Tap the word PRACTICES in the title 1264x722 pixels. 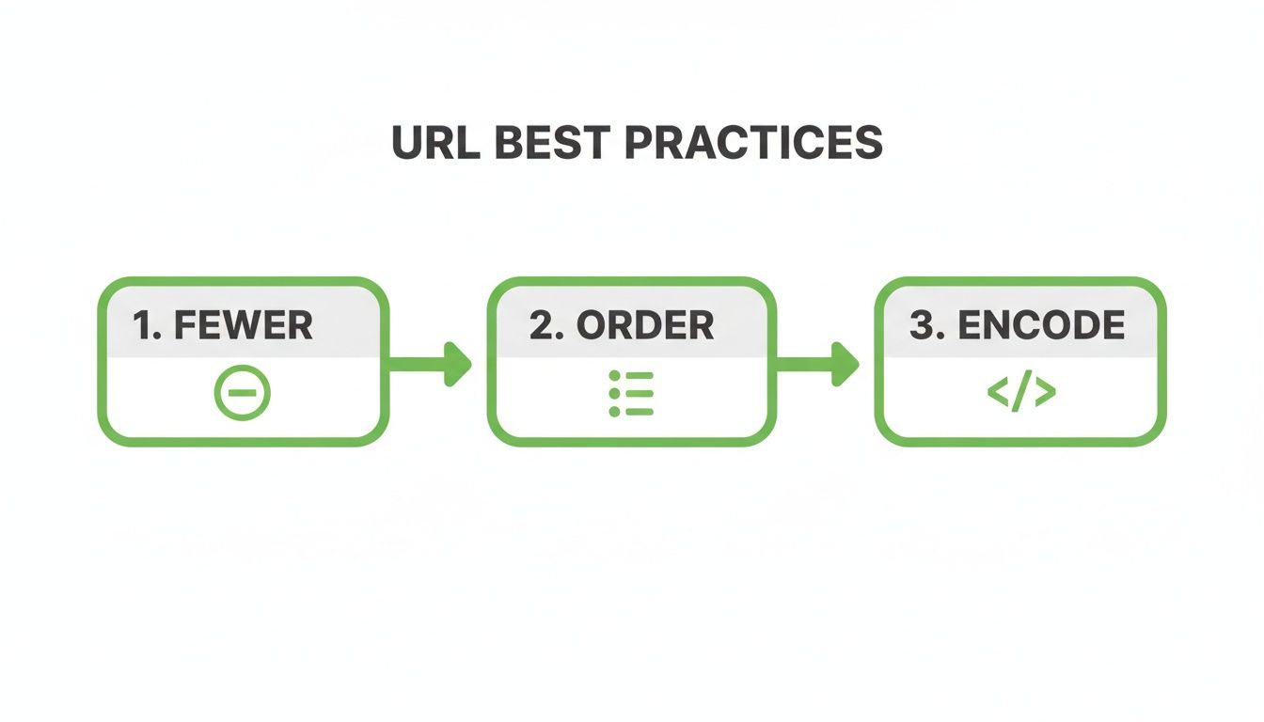[x=753, y=143]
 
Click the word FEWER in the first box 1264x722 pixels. [x=244, y=325]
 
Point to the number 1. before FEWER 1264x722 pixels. [x=148, y=325]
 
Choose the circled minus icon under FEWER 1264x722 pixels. [x=243, y=393]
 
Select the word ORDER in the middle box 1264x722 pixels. [x=645, y=325]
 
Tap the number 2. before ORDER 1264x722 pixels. [x=547, y=325]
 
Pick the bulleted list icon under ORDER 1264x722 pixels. [x=631, y=394]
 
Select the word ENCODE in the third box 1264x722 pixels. [x=1041, y=325]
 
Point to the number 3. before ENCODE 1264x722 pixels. [x=927, y=325]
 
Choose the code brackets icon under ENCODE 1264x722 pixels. [x=1021, y=393]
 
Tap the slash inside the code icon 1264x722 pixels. [x=1021, y=393]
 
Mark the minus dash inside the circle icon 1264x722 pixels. [x=243, y=393]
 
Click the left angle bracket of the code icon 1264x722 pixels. [x=997, y=393]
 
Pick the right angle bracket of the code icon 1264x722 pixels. [x=1046, y=393]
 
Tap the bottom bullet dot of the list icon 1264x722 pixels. [x=614, y=412]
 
